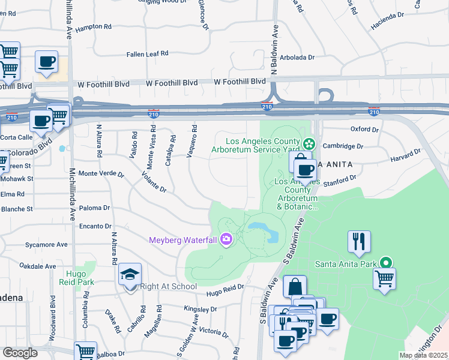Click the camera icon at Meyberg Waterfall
pyautogui.click(x=226, y=240)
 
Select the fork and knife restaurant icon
pyautogui.click(x=359, y=241)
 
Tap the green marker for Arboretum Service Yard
pyautogui.click(x=309, y=143)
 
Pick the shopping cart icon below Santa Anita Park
pyautogui.click(x=384, y=278)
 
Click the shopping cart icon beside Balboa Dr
pyautogui.click(x=86, y=351)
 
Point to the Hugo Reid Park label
pyautogui.click(x=80, y=277)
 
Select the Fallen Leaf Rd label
pyautogui.click(x=147, y=54)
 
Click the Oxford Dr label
pyautogui.click(x=366, y=129)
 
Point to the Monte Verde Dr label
pyautogui.click(x=101, y=174)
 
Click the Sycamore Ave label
pyautogui.click(x=47, y=245)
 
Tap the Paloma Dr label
pyautogui.click(x=98, y=208)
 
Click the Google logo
pyautogui.click(x=20, y=353)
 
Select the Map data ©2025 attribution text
pyautogui.click(x=423, y=355)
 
